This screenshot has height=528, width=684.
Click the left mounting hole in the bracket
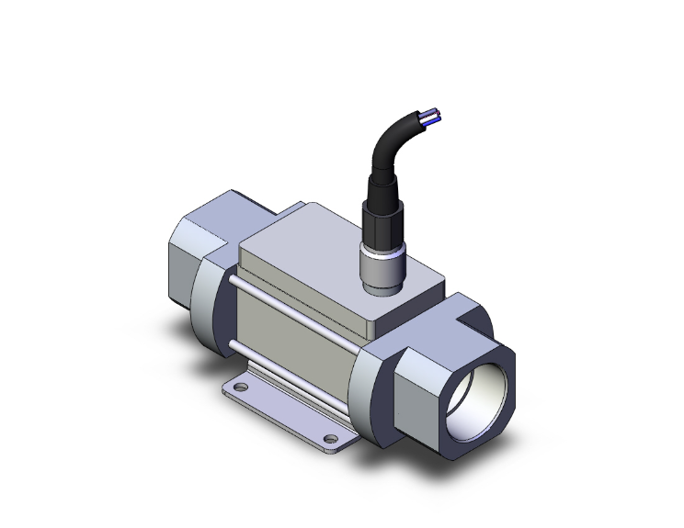[242, 389]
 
